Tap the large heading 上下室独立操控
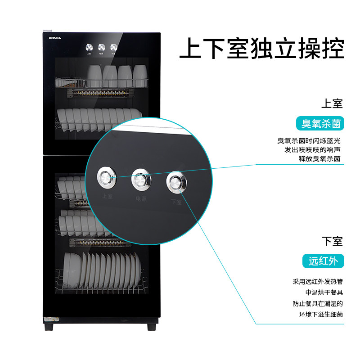click(x=262, y=49)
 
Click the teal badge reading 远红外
click(x=323, y=261)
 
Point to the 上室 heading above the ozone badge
click(x=332, y=104)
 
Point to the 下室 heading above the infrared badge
click(x=332, y=241)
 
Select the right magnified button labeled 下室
click(x=175, y=182)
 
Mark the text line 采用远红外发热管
click(x=317, y=282)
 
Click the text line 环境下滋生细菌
click(x=320, y=314)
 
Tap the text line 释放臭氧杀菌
click(x=319, y=159)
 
